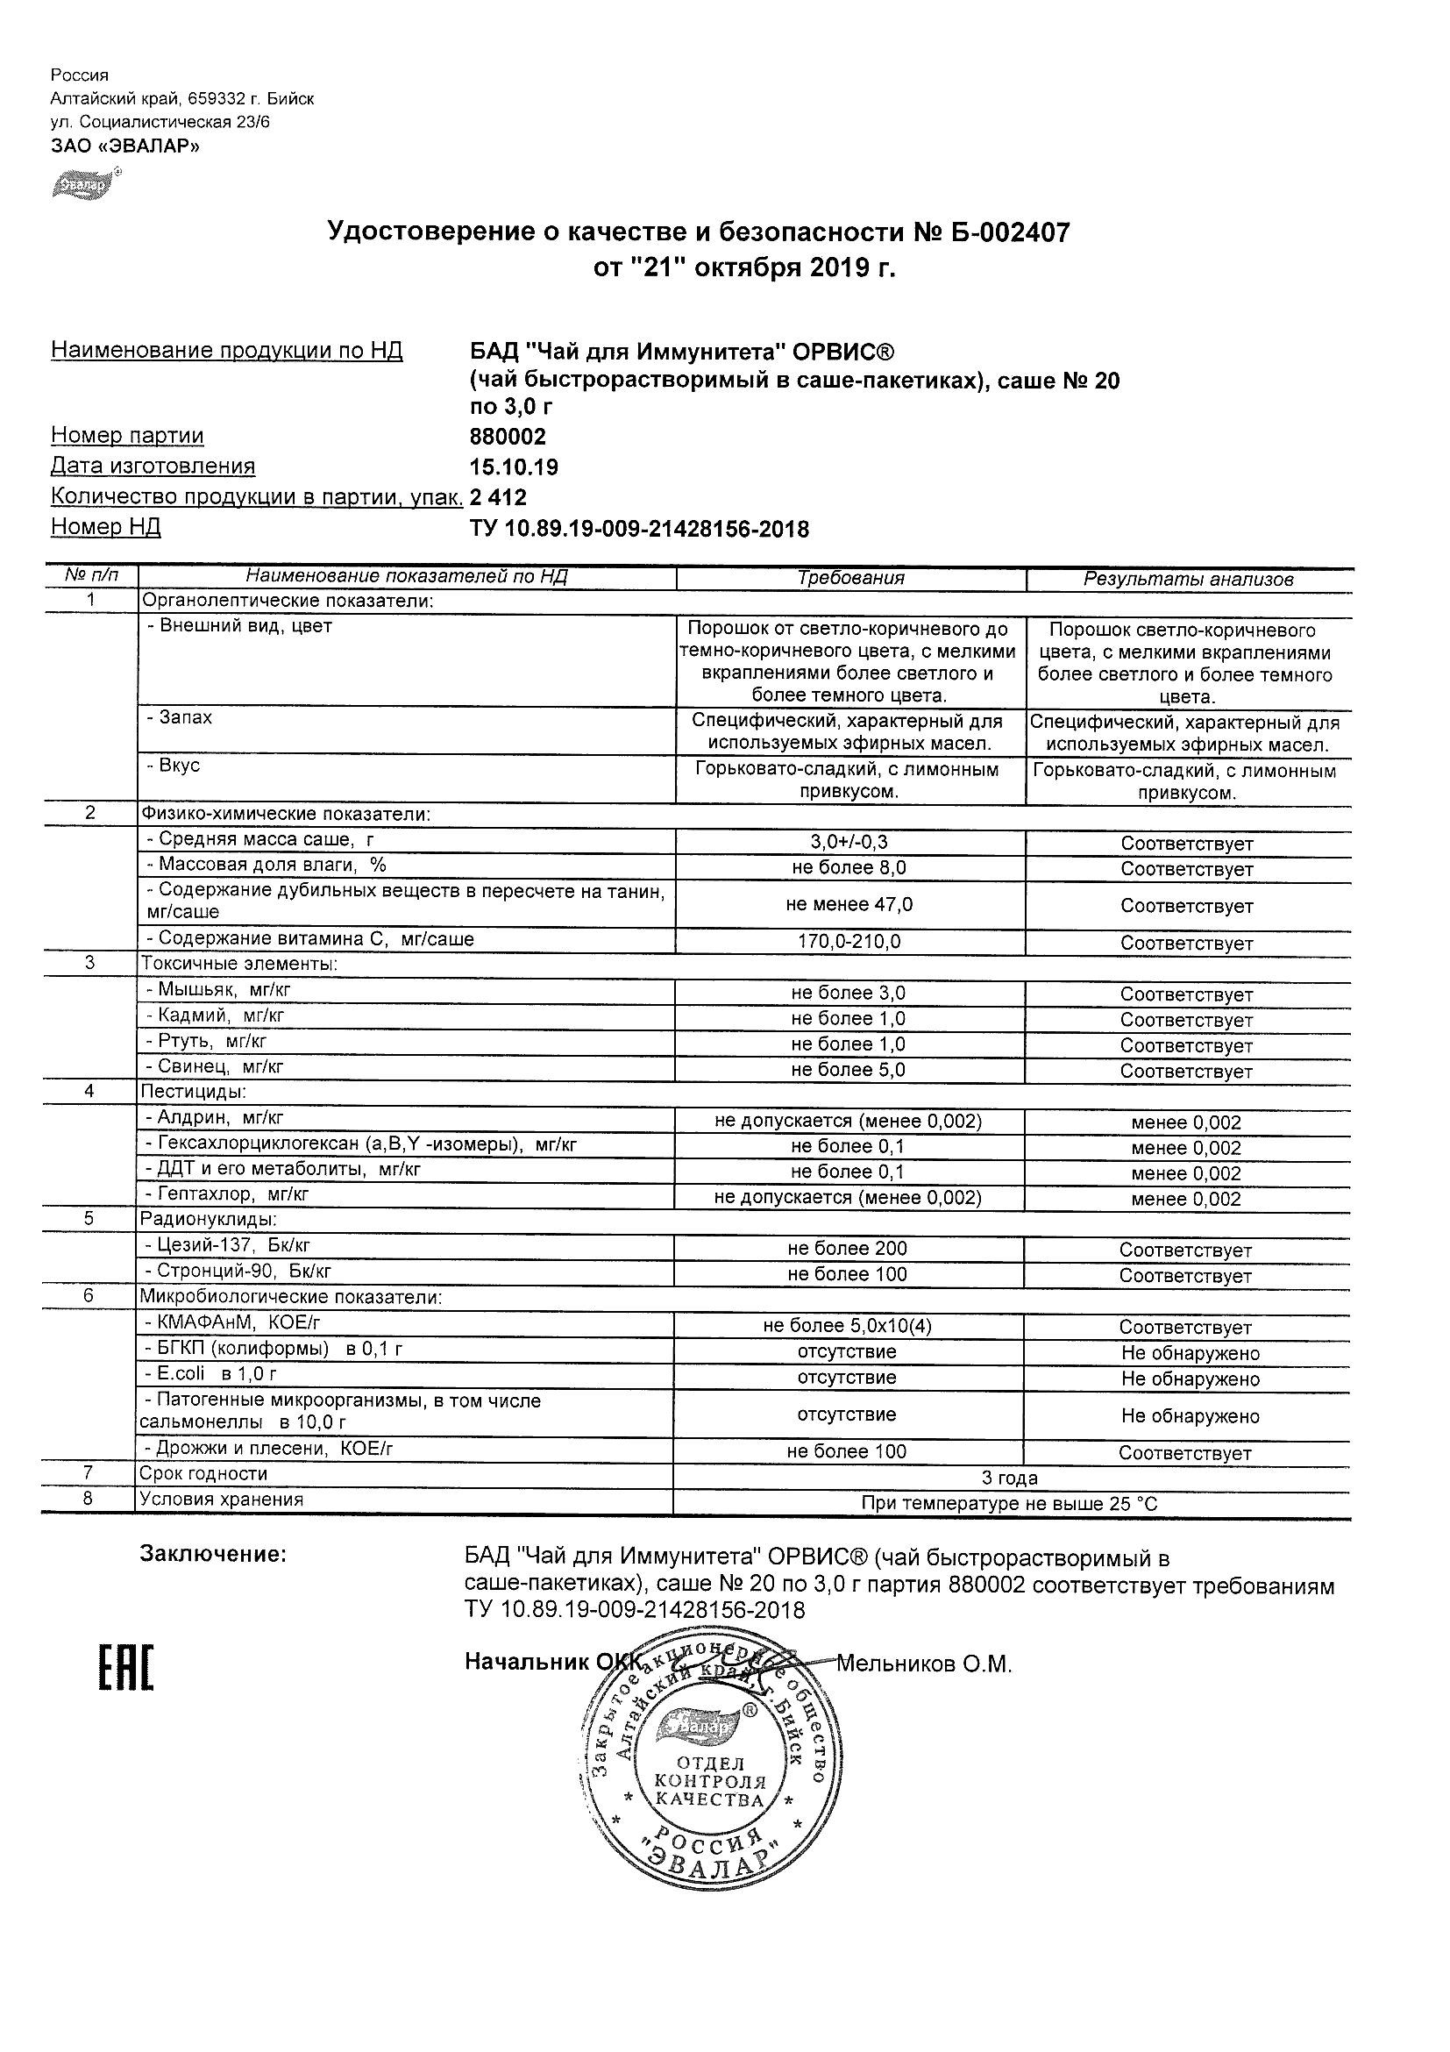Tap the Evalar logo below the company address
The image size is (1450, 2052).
pyautogui.click(x=85, y=183)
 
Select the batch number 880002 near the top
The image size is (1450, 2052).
pyautogui.click(x=508, y=437)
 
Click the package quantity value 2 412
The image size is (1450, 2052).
pyautogui.click(x=499, y=498)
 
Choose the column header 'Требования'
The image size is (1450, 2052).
pyautogui.click(x=850, y=578)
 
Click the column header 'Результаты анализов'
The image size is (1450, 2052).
pyautogui.click(x=1188, y=579)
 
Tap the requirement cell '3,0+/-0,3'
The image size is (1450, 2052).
pyautogui.click(x=849, y=842)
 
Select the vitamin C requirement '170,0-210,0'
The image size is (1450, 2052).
pyautogui.click(x=849, y=942)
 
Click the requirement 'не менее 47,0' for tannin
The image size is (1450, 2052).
pyautogui.click(x=849, y=904)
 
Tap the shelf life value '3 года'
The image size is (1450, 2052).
pyautogui.click(x=1010, y=1478)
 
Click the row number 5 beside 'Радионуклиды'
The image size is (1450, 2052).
pyautogui.click(x=89, y=1219)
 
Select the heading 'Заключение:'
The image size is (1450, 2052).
pyautogui.click(x=213, y=1554)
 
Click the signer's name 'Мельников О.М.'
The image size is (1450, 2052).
pyautogui.click(x=924, y=1664)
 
